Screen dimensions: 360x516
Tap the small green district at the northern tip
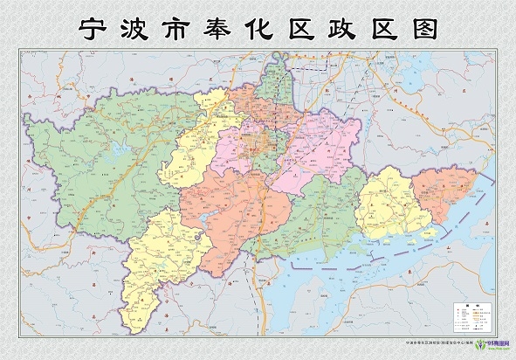279,79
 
